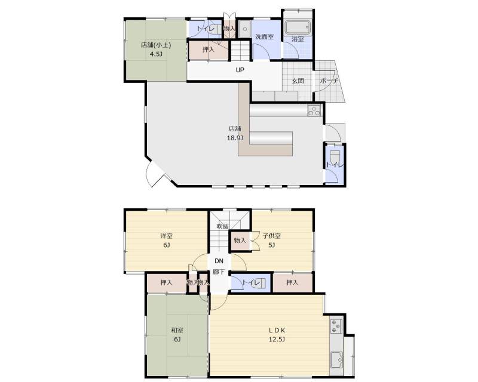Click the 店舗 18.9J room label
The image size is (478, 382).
(235, 134)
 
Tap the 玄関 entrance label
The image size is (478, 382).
(298, 81)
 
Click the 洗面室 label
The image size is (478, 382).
(264, 37)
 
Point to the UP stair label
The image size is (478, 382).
(240, 70)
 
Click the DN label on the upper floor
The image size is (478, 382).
(219, 261)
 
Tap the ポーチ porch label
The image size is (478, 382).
(329, 81)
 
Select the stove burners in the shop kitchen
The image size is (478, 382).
(314, 110)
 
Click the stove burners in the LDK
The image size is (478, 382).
(336, 326)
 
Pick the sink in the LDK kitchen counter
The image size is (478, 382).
(337, 360)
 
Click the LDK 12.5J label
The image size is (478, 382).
(277, 334)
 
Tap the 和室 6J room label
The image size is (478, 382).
(177, 334)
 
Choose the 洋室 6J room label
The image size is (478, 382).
(167, 241)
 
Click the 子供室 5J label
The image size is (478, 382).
(272, 241)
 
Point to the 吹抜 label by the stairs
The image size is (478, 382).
(222, 226)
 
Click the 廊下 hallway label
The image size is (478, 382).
(219, 272)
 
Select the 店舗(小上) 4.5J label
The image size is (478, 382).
(155, 50)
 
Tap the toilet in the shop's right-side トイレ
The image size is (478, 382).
(335, 156)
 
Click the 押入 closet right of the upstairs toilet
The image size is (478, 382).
(292, 283)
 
